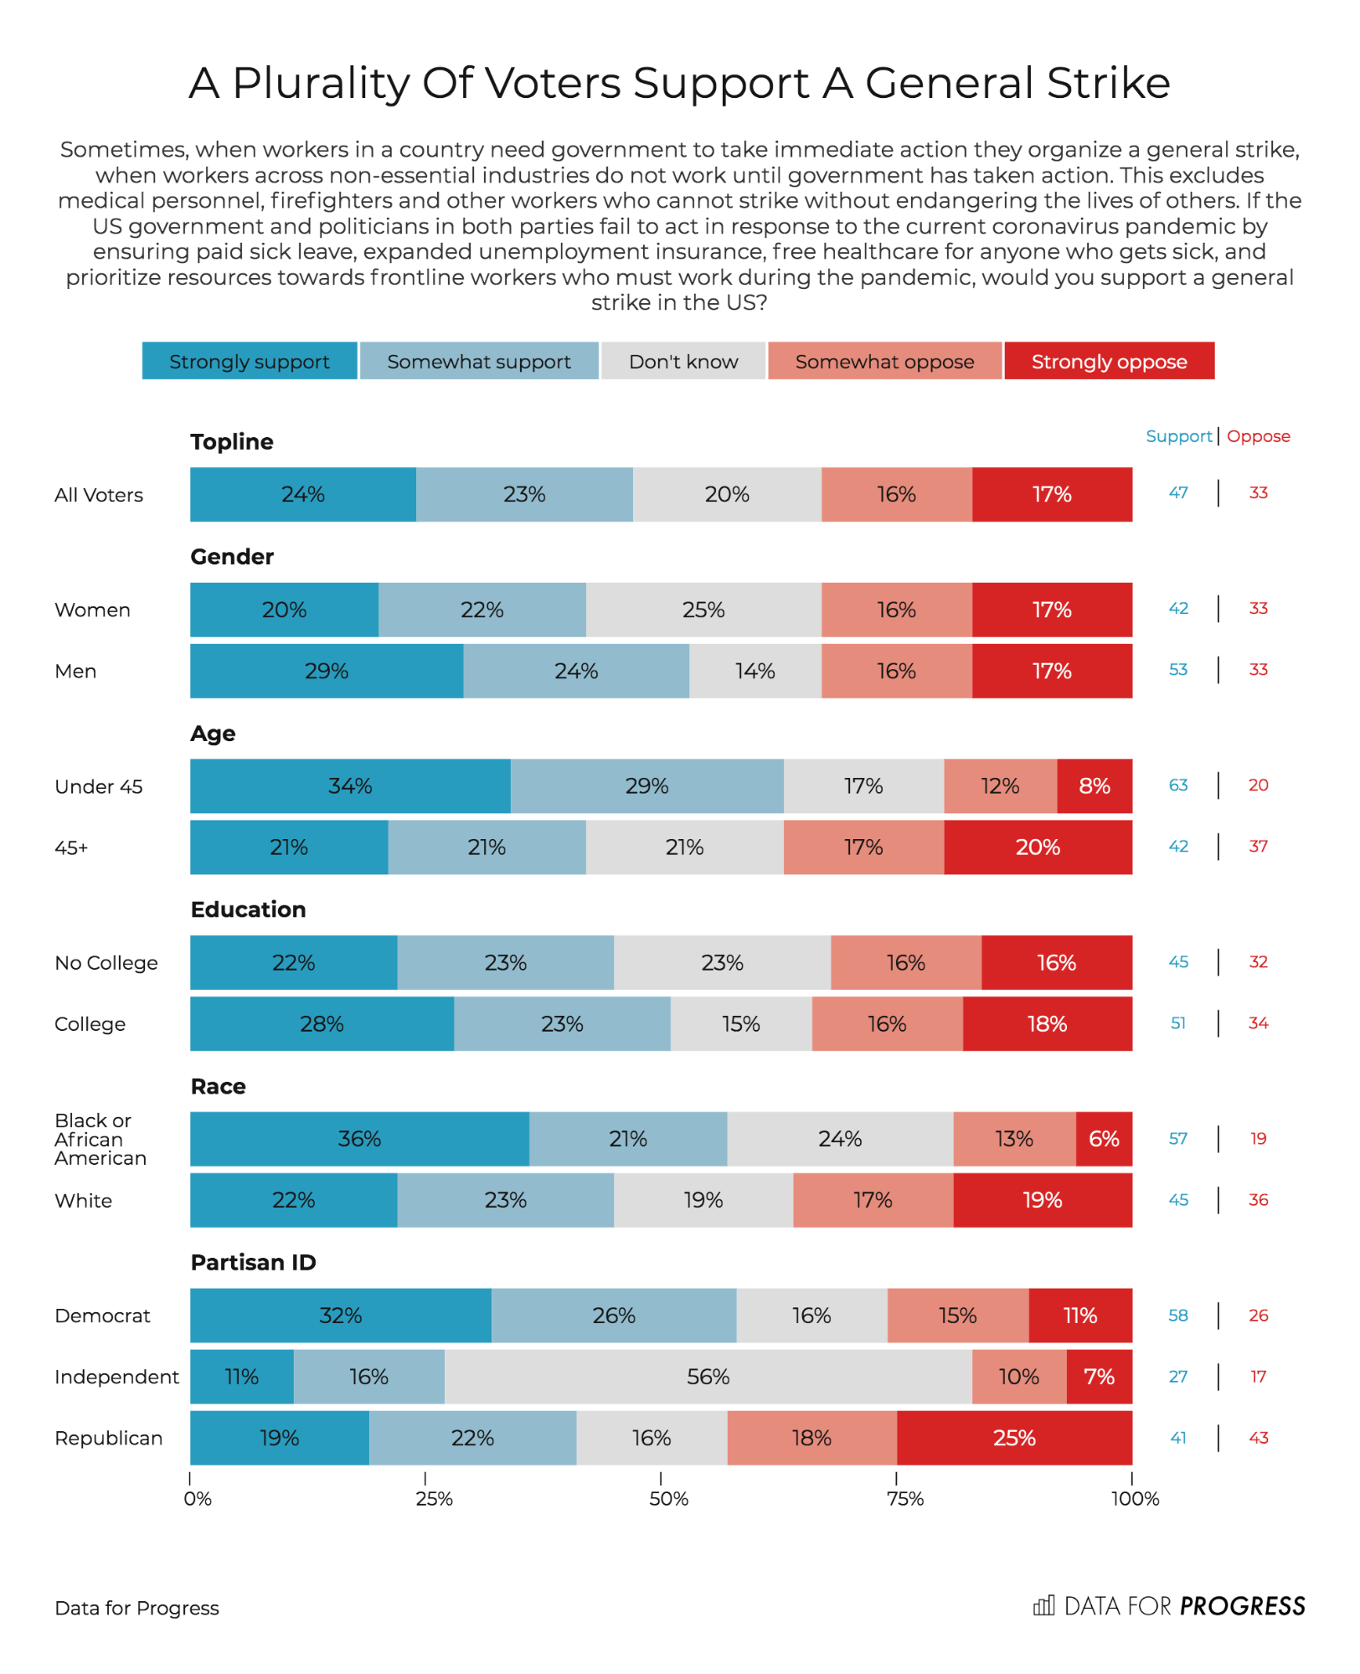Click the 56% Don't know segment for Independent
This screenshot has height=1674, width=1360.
point(708,1377)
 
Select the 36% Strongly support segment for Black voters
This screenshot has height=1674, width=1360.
point(359,1139)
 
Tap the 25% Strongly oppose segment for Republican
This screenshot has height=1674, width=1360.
point(1014,1438)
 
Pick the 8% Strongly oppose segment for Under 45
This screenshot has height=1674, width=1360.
point(1095,786)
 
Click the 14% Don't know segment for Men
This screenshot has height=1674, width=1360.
point(755,671)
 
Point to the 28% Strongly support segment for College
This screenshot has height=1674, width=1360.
point(322,1024)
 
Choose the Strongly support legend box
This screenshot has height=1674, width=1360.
point(250,361)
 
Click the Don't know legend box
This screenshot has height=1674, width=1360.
point(683,361)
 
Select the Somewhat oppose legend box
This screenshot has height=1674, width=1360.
point(884,361)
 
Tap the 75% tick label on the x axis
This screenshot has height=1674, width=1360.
point(904,1499)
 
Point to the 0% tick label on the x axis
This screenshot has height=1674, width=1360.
point(198,1499)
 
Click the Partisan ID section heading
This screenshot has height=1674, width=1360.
point(253,1263)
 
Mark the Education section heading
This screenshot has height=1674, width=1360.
point(248,909)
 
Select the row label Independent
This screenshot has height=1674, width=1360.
point(116,1377)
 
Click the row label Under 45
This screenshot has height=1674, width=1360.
point(99,786)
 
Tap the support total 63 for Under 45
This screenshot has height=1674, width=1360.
point(1178,785)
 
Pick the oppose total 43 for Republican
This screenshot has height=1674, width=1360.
point(1258,1438)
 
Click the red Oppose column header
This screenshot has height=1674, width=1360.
point(1258,436)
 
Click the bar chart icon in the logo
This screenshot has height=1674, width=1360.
point(1043,1605)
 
